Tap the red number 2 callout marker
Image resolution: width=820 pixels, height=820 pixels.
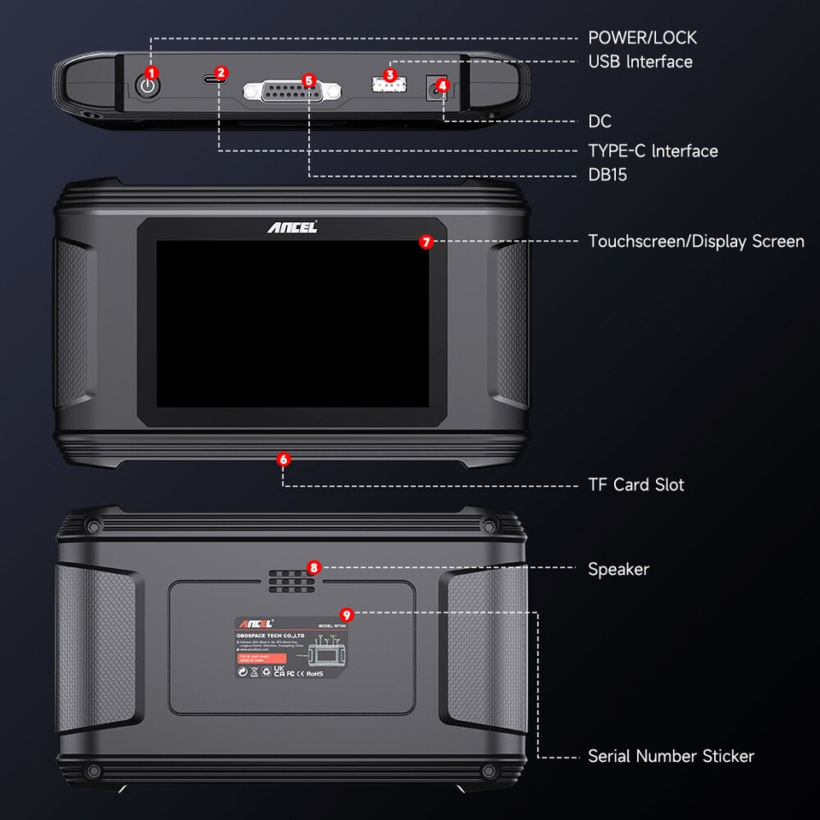(221, 73)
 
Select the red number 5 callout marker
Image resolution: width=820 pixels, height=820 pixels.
(308, 79)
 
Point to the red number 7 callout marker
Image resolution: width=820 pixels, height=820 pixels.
(427, 242)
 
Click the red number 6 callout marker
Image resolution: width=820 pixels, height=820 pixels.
(284, 460)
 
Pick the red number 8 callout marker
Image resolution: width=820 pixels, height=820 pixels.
(313, 567)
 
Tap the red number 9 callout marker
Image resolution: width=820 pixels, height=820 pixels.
(345, 614)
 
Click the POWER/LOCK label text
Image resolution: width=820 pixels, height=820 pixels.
(641, 38)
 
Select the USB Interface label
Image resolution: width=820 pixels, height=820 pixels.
(640, 61)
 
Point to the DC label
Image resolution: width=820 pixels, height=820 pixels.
(600, 122)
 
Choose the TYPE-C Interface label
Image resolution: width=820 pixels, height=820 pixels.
(653, 151)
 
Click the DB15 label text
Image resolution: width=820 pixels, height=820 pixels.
(607, 175)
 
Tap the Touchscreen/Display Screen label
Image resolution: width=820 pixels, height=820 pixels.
(695, 242)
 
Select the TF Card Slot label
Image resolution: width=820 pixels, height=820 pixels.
(635, 484)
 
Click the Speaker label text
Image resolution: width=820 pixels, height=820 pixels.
(618, 569)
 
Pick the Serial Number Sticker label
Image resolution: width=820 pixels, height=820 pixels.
(671, 756)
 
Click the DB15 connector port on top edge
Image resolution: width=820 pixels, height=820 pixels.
(290, 92)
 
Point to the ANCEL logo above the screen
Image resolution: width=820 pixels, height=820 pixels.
(291, 227)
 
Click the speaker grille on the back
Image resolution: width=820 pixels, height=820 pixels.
(290, 580)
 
